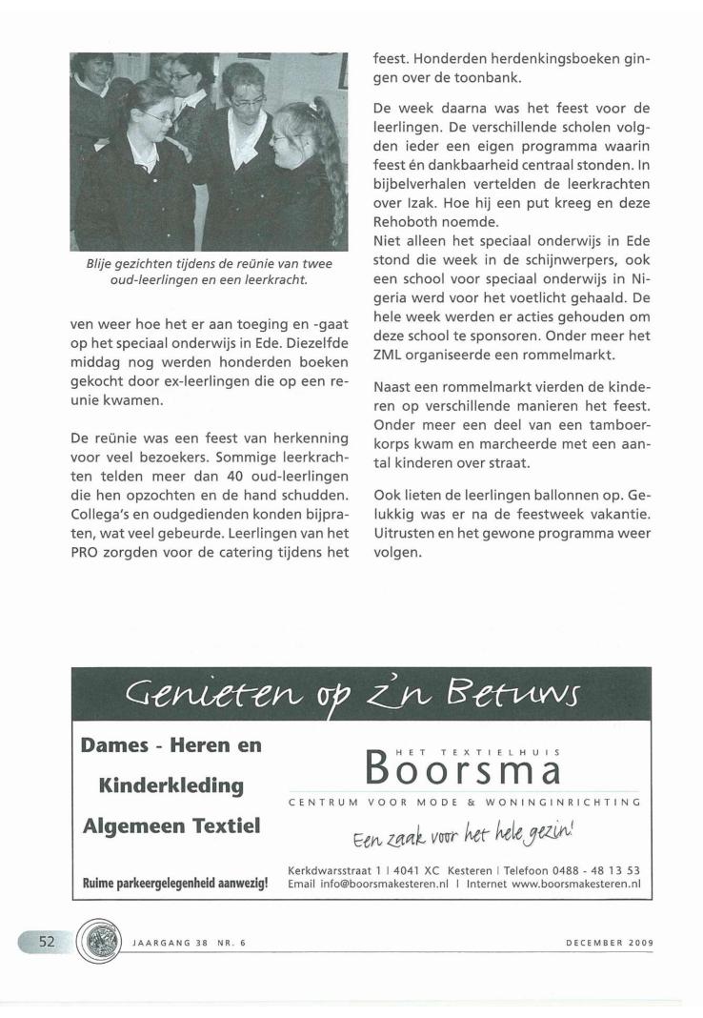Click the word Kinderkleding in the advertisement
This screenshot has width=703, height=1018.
point(171,786)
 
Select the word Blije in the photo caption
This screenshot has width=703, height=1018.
point(103,264)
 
